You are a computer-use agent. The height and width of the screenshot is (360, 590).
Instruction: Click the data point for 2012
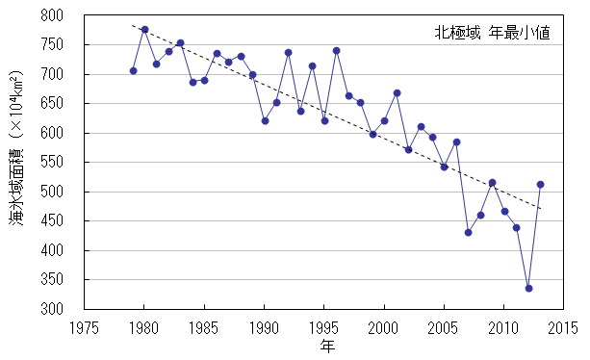click(x=528, y=288)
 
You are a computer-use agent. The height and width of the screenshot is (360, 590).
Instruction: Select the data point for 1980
click(x=144, y=30)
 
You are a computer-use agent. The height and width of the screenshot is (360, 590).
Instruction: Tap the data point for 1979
click(x=133, y=70)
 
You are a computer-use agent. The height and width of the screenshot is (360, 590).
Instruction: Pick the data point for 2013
click(x=541, y=184)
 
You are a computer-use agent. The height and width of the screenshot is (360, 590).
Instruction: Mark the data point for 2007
click(x=469, y=232)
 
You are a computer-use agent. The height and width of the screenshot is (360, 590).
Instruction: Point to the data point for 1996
click(x=337, y=50)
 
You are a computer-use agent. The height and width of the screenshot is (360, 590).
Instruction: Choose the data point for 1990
click(x=265, y=120)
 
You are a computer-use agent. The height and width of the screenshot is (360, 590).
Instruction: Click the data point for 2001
click(x=397, y=92)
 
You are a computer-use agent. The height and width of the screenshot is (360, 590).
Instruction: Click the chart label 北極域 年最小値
click(x=491, y=33)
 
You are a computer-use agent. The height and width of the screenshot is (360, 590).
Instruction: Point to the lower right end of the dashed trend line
click(x=541, y=208)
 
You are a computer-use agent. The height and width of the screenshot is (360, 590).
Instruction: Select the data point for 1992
click(x=289, y=52)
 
